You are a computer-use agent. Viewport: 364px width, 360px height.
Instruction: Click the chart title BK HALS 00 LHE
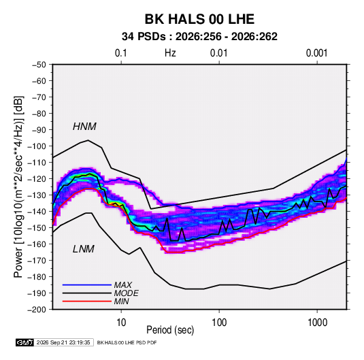point(199,19)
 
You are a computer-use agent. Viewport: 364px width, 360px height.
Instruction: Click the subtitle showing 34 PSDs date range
point(199,37)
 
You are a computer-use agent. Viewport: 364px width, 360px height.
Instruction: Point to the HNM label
point(84,127)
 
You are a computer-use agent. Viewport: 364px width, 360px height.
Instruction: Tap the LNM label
point(84,249)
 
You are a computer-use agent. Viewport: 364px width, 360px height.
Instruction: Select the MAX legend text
point(122,284)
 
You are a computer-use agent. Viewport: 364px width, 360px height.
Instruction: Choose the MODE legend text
point(127,293)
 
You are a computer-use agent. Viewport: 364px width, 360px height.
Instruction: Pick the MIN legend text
point(121,301)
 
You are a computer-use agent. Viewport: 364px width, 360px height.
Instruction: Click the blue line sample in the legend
point(87,284)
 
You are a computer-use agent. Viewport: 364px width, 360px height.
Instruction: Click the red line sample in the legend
point(87,301)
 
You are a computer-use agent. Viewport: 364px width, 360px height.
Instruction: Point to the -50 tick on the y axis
point(39,65)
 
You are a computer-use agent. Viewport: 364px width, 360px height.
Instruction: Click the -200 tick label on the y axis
point(37,310)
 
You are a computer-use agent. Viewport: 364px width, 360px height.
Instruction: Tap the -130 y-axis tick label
point(37,195)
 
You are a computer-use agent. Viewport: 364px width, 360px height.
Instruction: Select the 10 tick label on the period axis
point(121,323)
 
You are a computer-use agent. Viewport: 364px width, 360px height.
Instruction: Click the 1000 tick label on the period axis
point(317,323)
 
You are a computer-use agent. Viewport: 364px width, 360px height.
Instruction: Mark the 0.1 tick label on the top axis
point(121,53)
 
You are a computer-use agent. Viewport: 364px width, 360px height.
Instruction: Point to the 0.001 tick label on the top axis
point(316,53)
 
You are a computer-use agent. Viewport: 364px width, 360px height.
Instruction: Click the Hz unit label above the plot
point(170,53)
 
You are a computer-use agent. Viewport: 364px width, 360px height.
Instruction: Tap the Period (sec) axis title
point(170,330)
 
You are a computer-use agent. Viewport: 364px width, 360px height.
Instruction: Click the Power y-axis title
point(18,186)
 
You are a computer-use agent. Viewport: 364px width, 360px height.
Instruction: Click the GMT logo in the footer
point(25,342)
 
